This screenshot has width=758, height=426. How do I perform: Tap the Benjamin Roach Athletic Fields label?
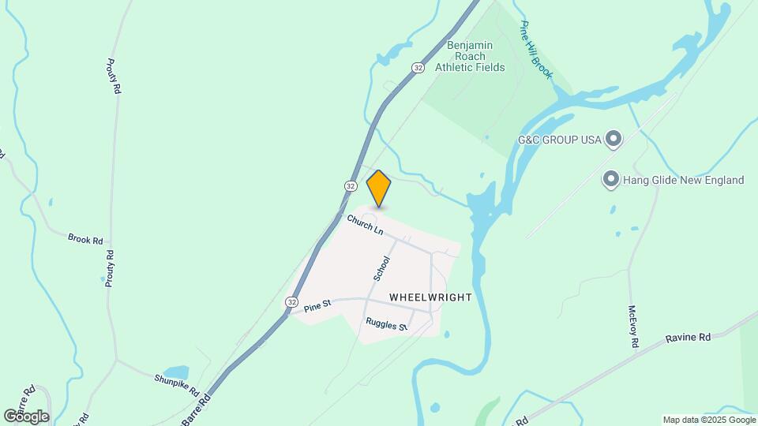pyautogui.click(x=470, y=56)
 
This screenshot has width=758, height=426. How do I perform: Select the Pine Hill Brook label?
pyautogui.click(x=536, y=49)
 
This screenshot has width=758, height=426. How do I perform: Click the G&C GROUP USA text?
pyautogui.click(x=558, y=140)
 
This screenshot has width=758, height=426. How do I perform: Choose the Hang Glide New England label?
pyautogui.click(x=684, y=180)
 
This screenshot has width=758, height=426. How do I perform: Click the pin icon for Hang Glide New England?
pyautogui.click(x=610, y=180)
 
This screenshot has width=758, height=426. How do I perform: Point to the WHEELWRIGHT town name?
pyautogui.click(x=431, y=297)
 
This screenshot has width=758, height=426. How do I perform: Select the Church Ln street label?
pyautogui.click(x=365, y=225)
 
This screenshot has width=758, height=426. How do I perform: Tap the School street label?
pyautogui.click(x=382, y=268)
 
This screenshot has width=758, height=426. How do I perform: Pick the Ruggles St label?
pyautogui.click(x=385, y=324)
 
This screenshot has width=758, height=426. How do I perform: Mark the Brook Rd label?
pyautogui.click(x=85, y=237)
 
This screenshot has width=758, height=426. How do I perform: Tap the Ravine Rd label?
pyautogui.click(x=688, y=337)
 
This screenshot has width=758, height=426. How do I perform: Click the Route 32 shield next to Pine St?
pyautogui.click(x=292, y=302)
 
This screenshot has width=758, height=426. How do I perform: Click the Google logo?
pyautogui.click(x=26, y=416)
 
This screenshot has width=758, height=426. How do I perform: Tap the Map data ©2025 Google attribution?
pyautogui.click(x=708, y=420)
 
